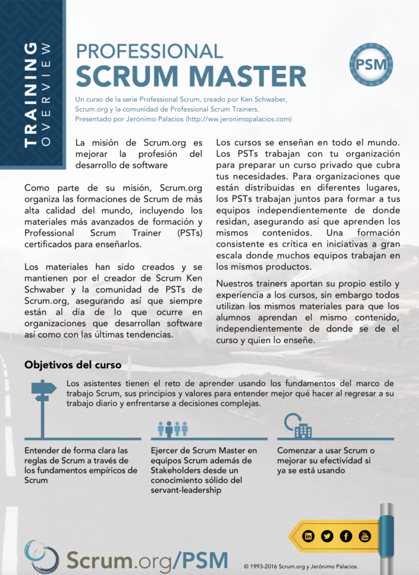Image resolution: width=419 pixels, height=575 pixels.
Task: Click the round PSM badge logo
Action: [371, 65]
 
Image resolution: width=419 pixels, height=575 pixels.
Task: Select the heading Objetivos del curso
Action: [73, 365]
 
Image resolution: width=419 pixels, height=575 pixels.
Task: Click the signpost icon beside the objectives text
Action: [42, 401]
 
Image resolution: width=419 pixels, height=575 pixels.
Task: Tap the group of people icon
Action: [173, 428]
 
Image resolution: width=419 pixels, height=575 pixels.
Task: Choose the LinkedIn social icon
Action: [308, 536]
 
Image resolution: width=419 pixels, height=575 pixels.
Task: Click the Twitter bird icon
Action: [327, 536]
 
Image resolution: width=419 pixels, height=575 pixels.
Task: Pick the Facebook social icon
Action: [346, 536]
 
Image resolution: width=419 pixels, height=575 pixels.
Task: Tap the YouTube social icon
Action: [364, 536]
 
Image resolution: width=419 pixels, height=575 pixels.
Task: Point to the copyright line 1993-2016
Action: [300, 566]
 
